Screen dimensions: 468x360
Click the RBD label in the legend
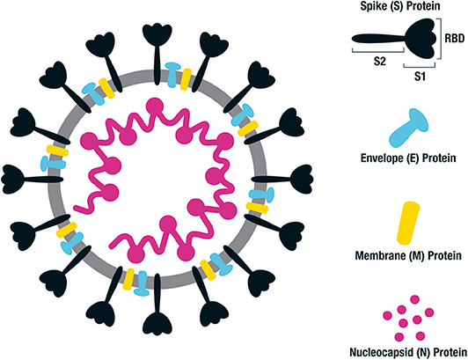point(454,38)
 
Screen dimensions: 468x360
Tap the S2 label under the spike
point(380,62)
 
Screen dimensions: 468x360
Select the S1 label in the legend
point(420,77)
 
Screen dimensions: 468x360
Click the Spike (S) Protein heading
point(400,6)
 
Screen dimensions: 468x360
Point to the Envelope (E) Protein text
point(408,158)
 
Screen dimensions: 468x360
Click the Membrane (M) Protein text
point(408,256)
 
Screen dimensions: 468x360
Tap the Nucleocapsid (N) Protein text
point(408,352)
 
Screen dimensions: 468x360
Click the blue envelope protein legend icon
point(409,128)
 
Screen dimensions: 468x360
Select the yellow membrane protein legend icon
point(408,223)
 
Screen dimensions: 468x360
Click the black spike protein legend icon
point(396,38)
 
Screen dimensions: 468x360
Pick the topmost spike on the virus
point(157,54)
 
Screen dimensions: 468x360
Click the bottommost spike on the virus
point(157,305)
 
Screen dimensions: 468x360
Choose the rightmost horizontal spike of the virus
point(282,180)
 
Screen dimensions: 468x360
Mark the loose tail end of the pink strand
point(76,208)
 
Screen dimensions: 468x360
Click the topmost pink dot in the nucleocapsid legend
point(414,299)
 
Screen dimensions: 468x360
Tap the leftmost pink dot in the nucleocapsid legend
point(387,315)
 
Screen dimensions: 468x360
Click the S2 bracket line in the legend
point(378,51)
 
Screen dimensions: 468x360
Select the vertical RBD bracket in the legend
point(440,38)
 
